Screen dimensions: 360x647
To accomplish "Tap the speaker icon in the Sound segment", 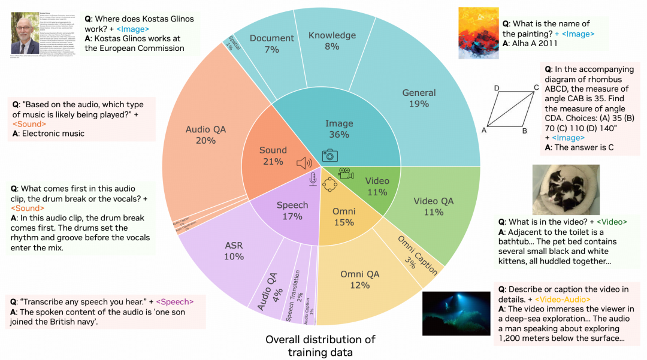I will point(304,163).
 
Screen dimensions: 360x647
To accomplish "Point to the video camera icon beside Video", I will point(346,173).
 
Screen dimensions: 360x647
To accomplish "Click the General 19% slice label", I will point(419,98).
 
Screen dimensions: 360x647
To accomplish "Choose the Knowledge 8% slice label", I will point(332,41).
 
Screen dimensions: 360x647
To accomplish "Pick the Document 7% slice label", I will point(272,43).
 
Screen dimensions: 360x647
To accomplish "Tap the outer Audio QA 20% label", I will point(205,135).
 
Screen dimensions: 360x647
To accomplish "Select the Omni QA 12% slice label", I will point(360,279).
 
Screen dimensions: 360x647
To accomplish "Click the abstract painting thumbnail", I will point(478,33).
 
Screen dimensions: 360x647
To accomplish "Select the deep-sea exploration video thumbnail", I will point(453,314).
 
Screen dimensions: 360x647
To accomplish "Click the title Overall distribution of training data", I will point(320,346).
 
